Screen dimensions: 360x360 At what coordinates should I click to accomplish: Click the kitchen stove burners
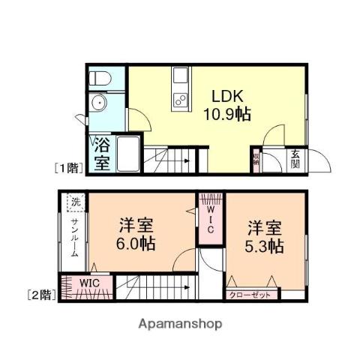tap(180, 97)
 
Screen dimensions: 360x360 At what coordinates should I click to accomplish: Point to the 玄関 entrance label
tap(297, 159)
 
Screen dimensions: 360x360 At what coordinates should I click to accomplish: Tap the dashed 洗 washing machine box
tap(73, 202)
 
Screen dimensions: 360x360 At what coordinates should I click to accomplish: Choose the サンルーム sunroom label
tap(75, 236)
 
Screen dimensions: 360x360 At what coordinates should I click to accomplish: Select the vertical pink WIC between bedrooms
tap(210, 217)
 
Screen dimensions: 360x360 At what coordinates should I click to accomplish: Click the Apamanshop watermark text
tap(180, 324)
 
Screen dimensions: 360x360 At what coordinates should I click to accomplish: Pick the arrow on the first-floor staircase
tap(184, 160)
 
